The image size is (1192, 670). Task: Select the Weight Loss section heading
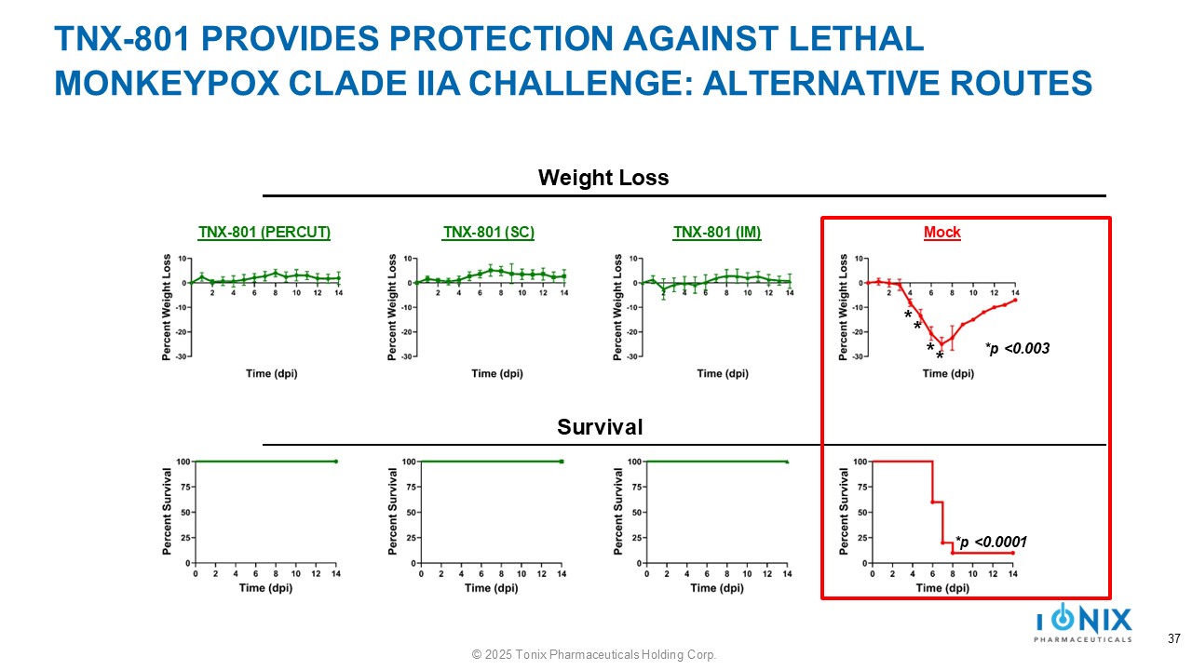point(603,178)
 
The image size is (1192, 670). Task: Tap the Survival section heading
point(600,427)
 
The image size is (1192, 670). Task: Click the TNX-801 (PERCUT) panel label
point(264,233)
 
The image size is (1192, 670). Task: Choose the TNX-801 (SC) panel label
point(488,233)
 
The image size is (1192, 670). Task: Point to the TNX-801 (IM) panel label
point(717,233)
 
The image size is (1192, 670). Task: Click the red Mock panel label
point(941,233)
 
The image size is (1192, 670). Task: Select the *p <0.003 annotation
point(1017,349)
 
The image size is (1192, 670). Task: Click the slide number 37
point(1173,639)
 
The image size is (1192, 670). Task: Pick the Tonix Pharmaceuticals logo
point(1084,623)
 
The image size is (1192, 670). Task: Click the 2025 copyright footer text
point(594,655)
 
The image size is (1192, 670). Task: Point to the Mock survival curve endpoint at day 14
point(1012,553)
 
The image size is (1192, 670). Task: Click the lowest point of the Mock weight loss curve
point(941,344)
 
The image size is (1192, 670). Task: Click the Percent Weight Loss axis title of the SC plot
point(394,307)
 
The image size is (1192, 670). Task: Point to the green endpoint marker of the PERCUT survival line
point(335,462)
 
